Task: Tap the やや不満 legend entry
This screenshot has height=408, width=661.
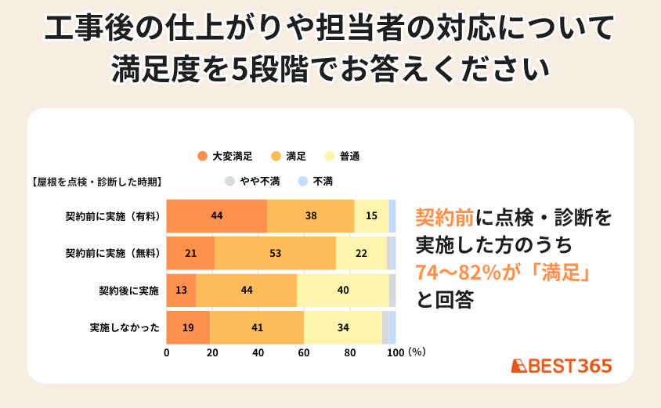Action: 253,181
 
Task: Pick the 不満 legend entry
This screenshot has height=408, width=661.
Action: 317,181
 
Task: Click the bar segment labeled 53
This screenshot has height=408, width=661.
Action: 275,253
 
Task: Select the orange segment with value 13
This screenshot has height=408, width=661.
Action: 181,291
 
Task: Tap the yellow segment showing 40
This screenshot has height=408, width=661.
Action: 343,291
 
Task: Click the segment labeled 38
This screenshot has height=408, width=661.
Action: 311,216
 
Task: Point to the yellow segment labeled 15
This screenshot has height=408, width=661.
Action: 371,216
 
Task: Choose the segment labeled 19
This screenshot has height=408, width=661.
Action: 188,327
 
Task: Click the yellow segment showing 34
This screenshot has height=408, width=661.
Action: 343,327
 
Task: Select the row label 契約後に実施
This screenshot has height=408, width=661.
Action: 128,291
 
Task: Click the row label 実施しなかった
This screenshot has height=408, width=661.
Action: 125,327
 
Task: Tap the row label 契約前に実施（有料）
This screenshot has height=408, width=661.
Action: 113,216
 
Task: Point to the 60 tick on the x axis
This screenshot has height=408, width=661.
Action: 304,352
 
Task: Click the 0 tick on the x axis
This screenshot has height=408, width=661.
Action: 167,352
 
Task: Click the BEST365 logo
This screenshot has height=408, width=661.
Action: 561,366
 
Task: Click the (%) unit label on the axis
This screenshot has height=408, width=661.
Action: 417,352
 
